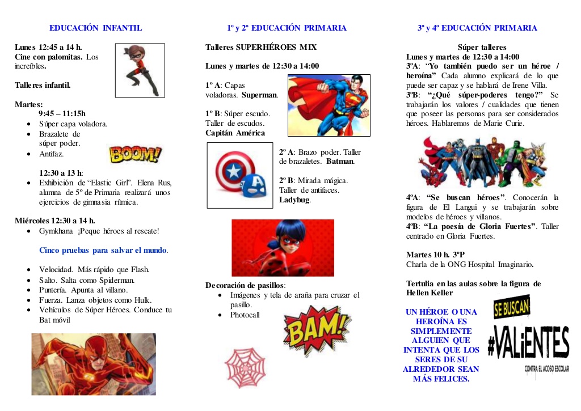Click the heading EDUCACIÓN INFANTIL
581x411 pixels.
[95, 28]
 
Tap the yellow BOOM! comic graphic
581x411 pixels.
[134, 154]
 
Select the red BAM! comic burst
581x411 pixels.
[315, 331]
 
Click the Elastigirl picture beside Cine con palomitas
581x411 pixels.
[140, 70]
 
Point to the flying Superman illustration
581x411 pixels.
[329, 105]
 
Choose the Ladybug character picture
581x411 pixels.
[283, 247]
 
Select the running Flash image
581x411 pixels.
[94, 364]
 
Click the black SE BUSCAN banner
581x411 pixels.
[512, 307]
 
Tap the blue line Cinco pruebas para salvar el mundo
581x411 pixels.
[103, 250]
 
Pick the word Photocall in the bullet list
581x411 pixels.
[245, 315]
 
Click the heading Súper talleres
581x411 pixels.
[482, 48]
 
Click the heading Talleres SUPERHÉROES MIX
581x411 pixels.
[261, 47]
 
